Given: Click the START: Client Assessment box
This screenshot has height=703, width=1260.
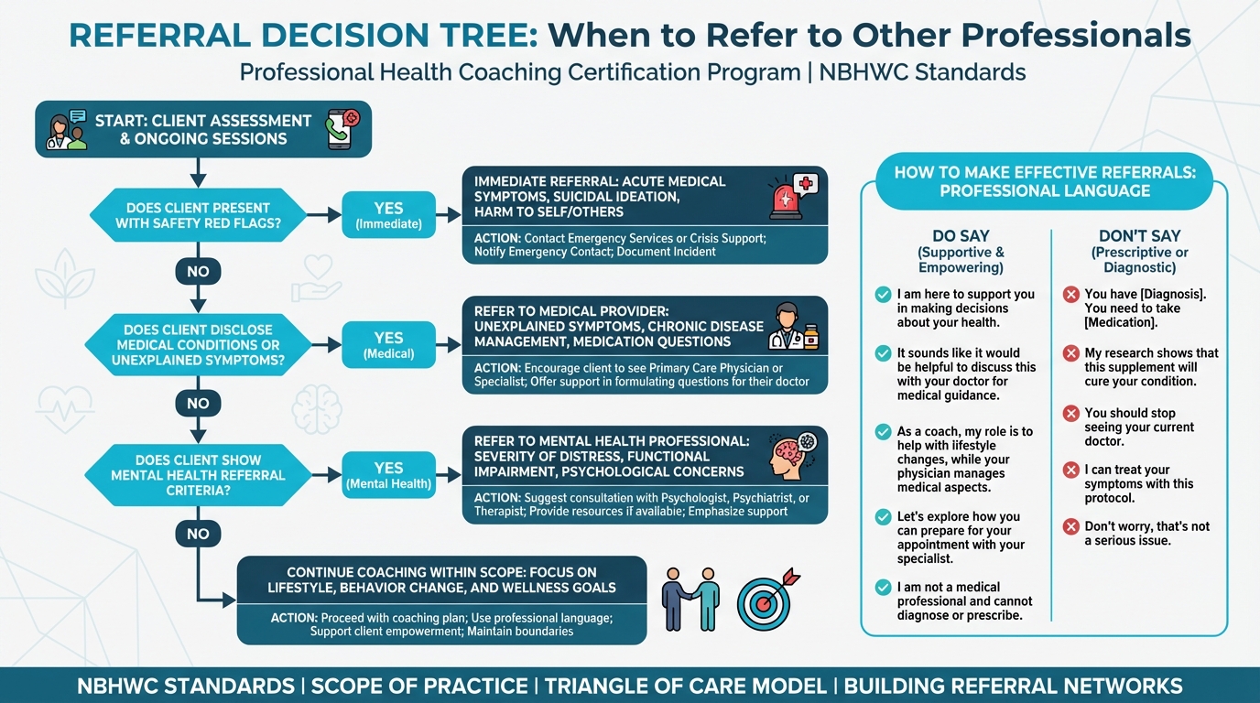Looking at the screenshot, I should coord(203,129).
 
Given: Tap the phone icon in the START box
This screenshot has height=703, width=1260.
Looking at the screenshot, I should coord(342,129).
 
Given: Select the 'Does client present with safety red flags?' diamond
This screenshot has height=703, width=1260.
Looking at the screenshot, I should coord(198,215).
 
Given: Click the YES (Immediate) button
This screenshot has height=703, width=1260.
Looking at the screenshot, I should coord(388,215).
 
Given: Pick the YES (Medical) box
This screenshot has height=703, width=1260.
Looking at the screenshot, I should coord(388,345).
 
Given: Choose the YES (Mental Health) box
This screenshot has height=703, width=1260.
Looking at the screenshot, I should coord(388,475).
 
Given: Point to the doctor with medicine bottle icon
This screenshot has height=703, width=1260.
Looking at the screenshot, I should coord(792,327).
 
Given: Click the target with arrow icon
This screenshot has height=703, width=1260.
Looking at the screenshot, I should coord(766,599).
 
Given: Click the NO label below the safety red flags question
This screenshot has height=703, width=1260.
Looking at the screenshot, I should coord(198,271).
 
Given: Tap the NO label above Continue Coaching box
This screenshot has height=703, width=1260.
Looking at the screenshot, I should coord(198,534).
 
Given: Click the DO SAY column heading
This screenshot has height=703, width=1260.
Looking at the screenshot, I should coord(961,236).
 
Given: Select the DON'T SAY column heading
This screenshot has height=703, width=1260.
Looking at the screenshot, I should coord(1139,236).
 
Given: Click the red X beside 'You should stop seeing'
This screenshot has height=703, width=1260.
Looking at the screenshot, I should coord(1070,414).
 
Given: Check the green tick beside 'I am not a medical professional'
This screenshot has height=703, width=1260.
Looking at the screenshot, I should coord(883,588).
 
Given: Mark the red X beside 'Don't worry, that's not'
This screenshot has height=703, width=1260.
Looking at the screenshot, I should coord(1070,526).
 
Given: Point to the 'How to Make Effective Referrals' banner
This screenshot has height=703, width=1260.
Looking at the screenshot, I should coord(1044,181).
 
